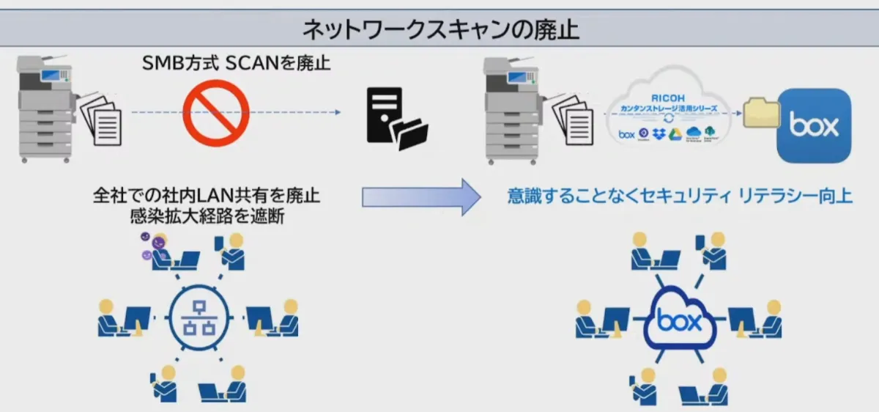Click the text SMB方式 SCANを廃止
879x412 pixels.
click(x=236, y=64)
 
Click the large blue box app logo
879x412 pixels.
click(x=814, y=126)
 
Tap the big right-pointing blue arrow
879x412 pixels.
click(x=421, y=196)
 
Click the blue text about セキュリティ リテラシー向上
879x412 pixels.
click(x=680, y=196)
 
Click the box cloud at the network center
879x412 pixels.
click(x=678, y=322)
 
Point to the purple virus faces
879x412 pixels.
click(x=147, y=245)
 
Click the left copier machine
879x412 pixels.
click(x=45, y=111)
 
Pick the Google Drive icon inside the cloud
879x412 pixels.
click(x=675, y=134)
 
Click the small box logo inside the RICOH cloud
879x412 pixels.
click(x=626, y=134)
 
